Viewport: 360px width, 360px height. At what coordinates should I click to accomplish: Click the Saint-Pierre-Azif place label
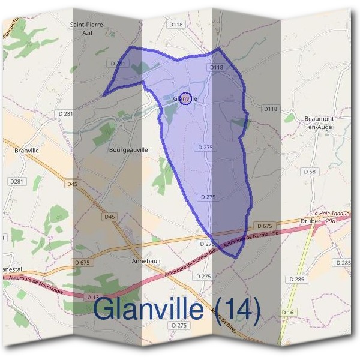click(x=88, y=28)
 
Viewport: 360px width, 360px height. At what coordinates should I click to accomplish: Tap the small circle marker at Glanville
click(x=186, y=98)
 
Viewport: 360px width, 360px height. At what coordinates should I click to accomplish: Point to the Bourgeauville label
click(x=128, y=149)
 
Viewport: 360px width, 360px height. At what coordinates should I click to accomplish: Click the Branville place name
click(x=26, y=151)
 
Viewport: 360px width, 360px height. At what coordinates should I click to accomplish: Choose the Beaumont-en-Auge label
click(x=319, y=123)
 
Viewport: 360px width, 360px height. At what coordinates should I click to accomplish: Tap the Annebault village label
click(x=147, y=262)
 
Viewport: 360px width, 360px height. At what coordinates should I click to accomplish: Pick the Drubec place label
click(x=310, y=221)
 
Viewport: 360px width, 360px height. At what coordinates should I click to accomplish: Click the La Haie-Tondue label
click(x=326, y=214)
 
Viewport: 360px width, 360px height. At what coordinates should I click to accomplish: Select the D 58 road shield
click(x=310, y=172)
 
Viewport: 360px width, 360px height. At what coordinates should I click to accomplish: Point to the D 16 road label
click(x=287, y=312)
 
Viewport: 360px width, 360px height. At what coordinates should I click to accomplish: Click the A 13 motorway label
click(x=92, y=297)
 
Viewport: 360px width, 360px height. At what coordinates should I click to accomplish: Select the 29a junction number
click(x=331, y=221)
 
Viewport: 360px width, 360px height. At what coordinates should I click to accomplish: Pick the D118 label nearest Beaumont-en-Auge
click(x=271, y=109)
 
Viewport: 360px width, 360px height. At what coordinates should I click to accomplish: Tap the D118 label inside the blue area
click(x=216, y=68)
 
